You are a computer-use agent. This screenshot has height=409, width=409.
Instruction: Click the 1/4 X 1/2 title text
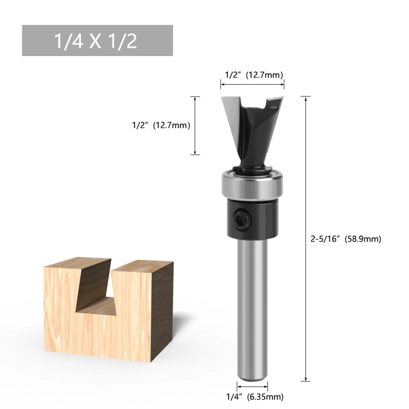tap(96, 41)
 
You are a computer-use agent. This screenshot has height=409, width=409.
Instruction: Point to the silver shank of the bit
tap(252, 307)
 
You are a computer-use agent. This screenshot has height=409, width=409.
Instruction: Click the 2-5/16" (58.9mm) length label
tap(346, 239)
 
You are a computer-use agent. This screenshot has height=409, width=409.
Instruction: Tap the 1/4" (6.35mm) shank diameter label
tap(255, 397)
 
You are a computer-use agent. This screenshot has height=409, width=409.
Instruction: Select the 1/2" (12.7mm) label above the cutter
tap(254, 75)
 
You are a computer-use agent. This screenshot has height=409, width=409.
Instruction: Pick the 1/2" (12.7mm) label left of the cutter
tap(161, 125)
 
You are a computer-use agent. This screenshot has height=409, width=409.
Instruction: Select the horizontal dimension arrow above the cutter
tap(252, 84)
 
